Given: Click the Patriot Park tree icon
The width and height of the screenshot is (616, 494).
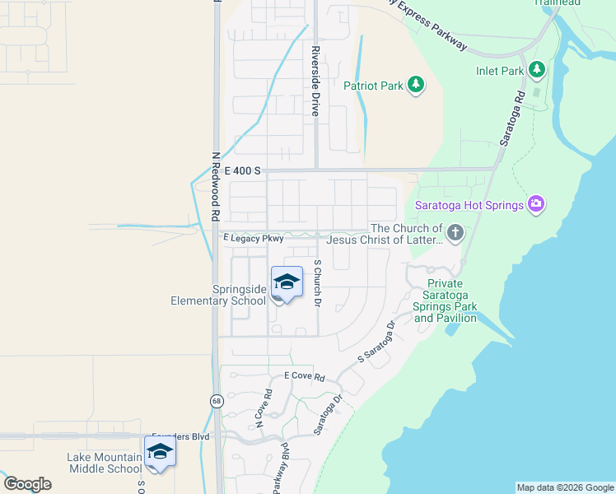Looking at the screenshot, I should pos(417,85).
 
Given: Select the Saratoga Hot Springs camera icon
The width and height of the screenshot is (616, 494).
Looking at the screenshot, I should pos(537,204).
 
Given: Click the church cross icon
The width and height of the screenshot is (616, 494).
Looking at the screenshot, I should pos(454,234).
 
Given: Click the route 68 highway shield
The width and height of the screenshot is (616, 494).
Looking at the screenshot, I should pos(217,401).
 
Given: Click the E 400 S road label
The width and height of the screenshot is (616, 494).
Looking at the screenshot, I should pos(242,170).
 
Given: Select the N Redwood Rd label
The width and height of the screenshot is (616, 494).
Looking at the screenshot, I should pos(215,186).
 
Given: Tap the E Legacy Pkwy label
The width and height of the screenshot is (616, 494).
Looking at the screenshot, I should pos(254,238).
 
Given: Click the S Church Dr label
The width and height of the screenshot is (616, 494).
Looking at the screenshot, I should pos(316,284).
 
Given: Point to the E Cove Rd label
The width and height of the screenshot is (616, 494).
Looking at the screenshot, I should pos(305,376).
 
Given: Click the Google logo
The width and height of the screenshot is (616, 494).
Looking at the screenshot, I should pos(27,484).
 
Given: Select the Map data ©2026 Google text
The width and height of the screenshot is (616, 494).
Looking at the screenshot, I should pos(565,487).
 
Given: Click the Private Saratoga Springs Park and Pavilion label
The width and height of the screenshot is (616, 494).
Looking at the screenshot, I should pos(446,299).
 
